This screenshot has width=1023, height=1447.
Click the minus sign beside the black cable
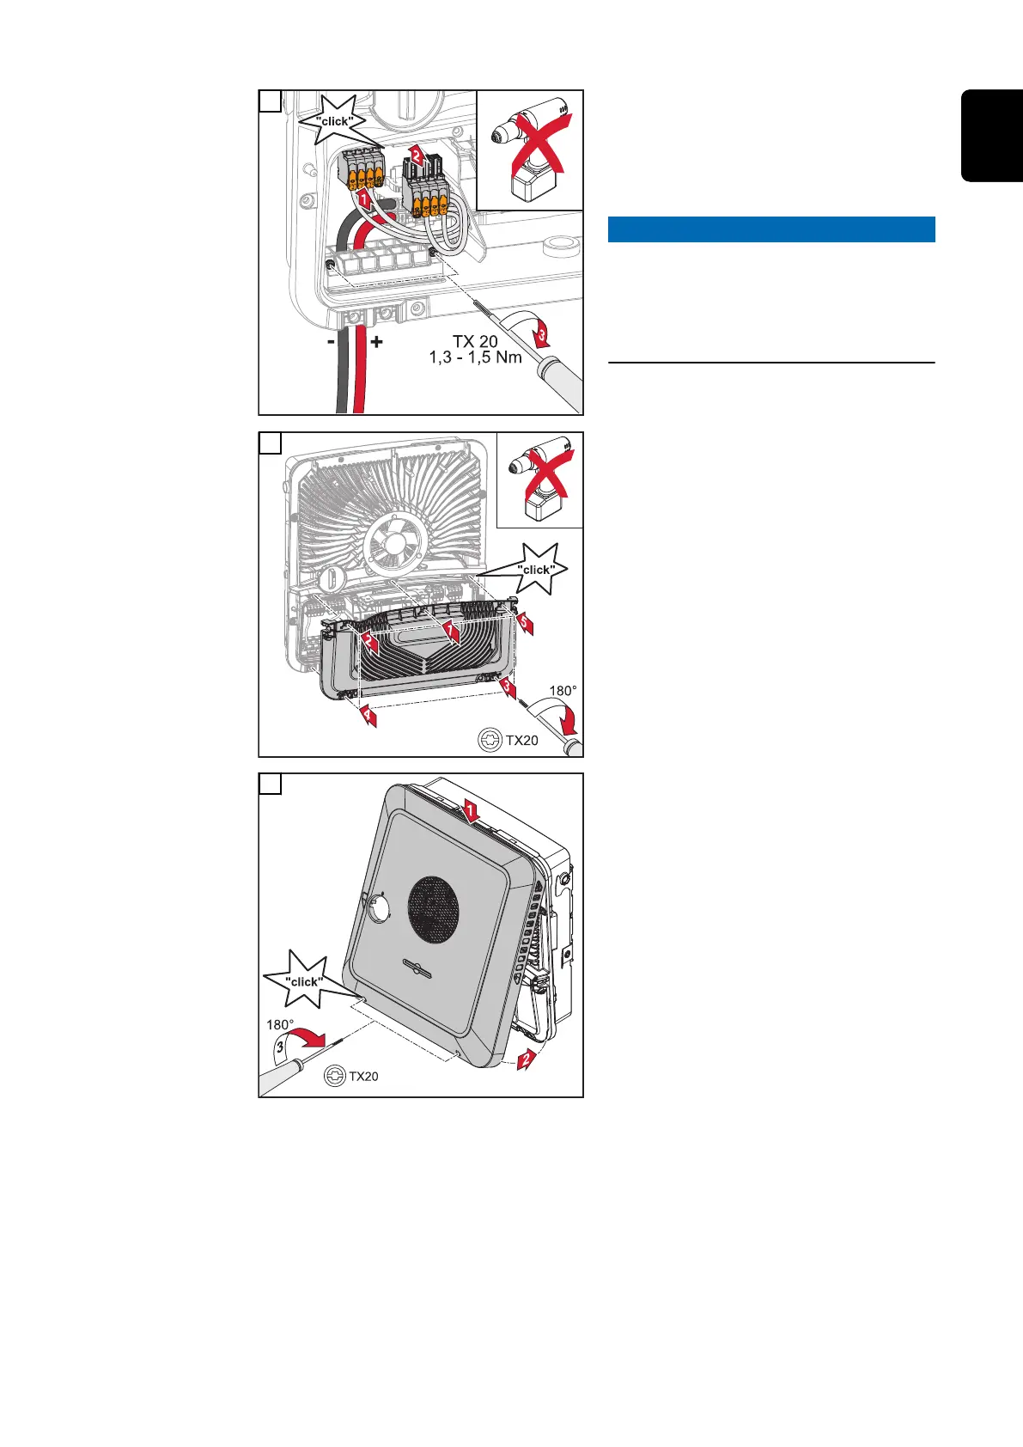pyautogui.click(x=331, y=341)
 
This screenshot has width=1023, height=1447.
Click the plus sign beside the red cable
pyautogui.click(x=376, y=341)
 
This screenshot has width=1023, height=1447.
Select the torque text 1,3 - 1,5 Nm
pyautogui.click(x=475, y=357)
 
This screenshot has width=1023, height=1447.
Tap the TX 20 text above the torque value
pyautogui.click(x=475, y=341)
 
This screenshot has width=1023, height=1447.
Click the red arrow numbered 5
pyautogui.click(x=525, y=623)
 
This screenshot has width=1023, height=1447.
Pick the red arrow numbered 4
pyautogui.click(x=368, y=714)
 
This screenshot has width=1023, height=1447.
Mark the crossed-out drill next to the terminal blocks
pyautogui.click(x=531, y=150)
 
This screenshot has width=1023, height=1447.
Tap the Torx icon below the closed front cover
pyautogui.click(x=335, y=1076)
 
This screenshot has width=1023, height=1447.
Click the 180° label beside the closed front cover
pyautogui.click(x=280, y=1024)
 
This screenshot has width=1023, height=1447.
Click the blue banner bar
pyautogui.click(x=770, y=229)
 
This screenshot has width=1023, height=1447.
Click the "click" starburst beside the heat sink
pyautogui.click(x=536, y=569)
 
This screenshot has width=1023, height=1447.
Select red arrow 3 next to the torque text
pyautogui.click(x=541, y=337)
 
